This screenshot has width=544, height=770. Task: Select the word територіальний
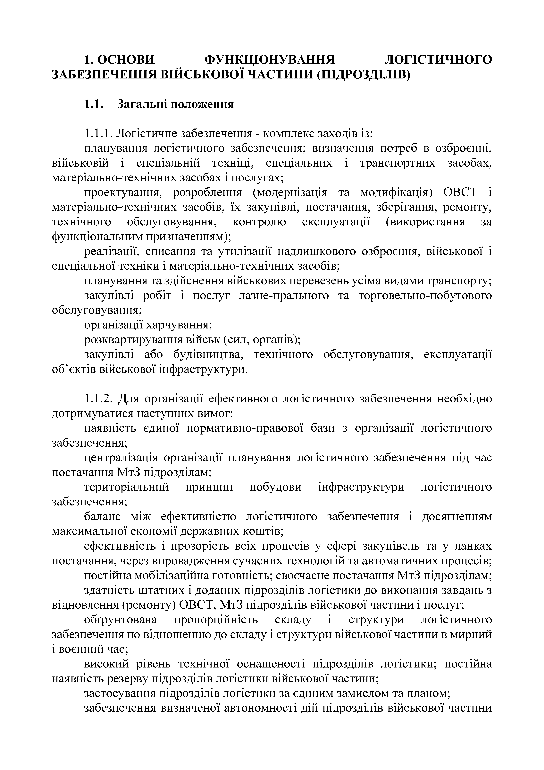point(126,487)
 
